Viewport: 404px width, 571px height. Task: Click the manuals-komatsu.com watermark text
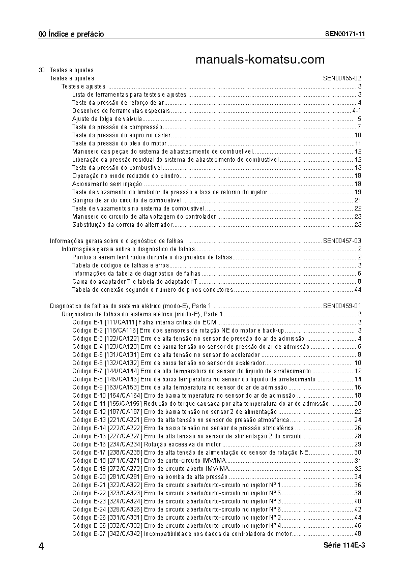pos(259,60)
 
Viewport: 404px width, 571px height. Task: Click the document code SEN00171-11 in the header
pos(345,35)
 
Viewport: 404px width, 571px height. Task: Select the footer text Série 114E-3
pos(344,545)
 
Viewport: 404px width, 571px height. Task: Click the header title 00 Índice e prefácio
pos(71,35)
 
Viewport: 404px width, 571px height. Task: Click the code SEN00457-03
pos(342,241)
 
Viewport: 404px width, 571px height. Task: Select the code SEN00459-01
pos(342,306)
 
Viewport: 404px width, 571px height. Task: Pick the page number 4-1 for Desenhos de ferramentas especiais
pos(357,111)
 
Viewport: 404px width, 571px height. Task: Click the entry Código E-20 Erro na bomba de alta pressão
pos(150,476)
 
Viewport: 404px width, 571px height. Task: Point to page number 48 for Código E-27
pos(358,533)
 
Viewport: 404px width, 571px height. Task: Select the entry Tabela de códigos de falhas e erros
pos(120,265)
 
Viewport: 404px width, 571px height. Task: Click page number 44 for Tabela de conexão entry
pos(358,289)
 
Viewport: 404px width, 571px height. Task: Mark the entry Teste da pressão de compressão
pos(117,127)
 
